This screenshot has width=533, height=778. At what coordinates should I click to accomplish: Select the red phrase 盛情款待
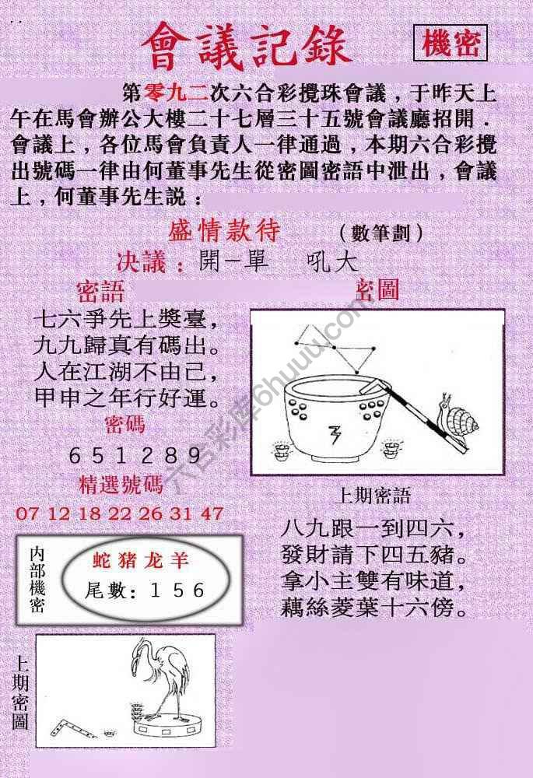click(x=224, y=232)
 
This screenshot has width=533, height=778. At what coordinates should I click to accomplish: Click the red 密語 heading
click(x=100, y=292)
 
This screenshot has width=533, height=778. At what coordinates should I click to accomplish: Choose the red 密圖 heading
click(x=377, y=290)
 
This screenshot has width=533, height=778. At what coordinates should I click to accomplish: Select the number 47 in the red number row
click(x=212, y=513)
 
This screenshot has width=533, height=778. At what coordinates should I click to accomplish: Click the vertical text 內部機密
click(x=37, y=580)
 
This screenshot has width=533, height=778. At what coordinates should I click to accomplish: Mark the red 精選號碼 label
click(x=121, y=485)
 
